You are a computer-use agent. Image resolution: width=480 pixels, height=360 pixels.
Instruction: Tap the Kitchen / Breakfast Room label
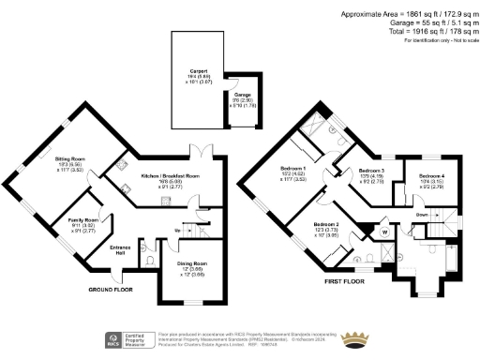(x=171, y=176)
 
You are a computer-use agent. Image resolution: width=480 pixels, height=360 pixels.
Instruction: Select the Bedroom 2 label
(x=325, y=226)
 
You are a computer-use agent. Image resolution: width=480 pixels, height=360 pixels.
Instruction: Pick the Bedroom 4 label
(x=432, y=176)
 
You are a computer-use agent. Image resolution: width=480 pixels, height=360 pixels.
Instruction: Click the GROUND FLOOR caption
(x=110, y=290)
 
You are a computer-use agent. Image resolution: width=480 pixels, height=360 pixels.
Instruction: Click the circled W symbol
(x=384, y=231)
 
